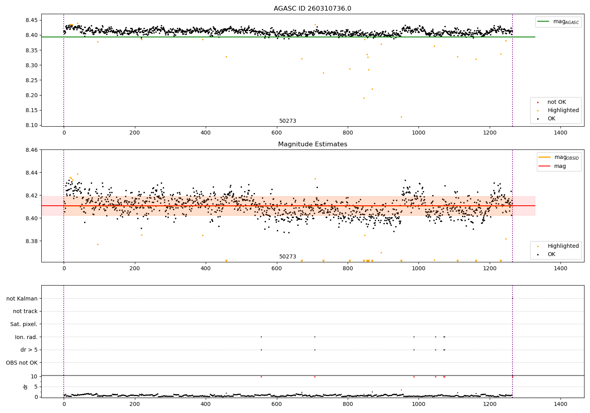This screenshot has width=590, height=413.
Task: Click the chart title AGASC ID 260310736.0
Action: [312, 9]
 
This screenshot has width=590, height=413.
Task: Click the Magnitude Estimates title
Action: [312, 144]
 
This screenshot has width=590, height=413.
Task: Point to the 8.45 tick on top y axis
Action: [32, 20]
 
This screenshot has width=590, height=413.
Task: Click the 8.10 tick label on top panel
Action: [32, 125]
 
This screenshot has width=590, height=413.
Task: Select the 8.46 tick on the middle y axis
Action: [32, 150]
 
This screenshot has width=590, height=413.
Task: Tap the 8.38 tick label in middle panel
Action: [32, 241]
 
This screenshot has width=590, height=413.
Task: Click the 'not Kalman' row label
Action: [22, 299]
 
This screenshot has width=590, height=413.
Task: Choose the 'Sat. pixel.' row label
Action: [24, 324]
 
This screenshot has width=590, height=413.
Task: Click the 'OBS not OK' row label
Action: [22, 363]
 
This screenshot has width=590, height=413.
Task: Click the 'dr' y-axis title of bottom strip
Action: [26, 387]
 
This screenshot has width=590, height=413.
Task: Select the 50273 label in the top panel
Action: [288, 121]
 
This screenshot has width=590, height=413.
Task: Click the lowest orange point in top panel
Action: [401, 117]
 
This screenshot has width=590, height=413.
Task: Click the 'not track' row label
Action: [25, 311]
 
